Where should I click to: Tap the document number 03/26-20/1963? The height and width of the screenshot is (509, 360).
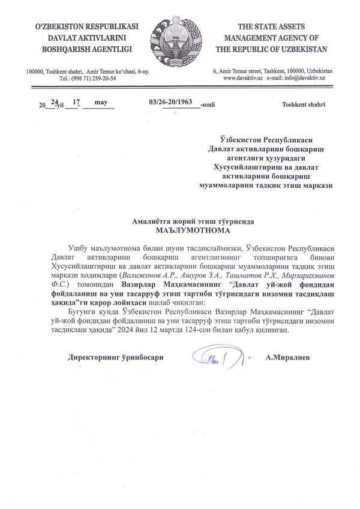pyautogui.click(x=173, y=102)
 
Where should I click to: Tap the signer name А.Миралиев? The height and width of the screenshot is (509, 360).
pyautogui.click(x=288, y=358)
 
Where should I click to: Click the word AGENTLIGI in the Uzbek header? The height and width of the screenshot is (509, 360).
pyautogui.click(x=112, y=47)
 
